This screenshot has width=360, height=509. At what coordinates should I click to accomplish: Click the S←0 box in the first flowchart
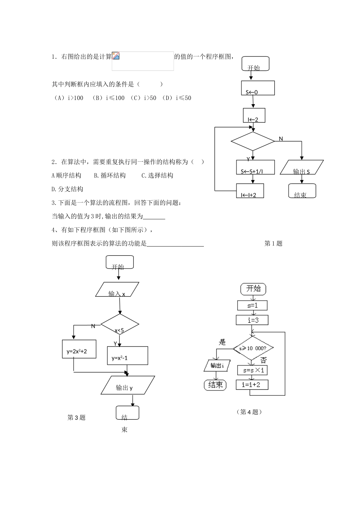pos(258,88)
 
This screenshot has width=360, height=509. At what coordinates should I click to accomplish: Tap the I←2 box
pos(254,116)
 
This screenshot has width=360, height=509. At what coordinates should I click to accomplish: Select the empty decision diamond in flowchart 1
pos(252,141)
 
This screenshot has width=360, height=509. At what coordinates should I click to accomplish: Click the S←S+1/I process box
pos(252,167)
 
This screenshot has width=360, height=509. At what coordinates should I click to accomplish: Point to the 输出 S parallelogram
pos(302,167)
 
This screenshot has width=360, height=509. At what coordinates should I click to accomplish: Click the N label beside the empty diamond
pos(281,139)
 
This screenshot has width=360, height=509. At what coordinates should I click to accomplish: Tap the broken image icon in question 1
pos(116,56)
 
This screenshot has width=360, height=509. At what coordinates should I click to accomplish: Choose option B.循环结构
pos(110,176)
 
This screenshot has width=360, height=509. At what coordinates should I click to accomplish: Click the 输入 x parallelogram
pos(117,290)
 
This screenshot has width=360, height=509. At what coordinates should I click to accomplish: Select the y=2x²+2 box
pos(79,349)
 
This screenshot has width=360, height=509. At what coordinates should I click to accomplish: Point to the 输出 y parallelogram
pos(128,385)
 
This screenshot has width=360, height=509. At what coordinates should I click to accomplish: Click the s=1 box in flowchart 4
pos(252,305)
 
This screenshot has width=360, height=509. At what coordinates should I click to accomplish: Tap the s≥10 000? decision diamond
pos(253,348)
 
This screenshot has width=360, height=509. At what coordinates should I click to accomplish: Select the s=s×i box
pos(252,370)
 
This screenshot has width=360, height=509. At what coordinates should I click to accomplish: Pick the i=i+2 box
pos(252,385)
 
